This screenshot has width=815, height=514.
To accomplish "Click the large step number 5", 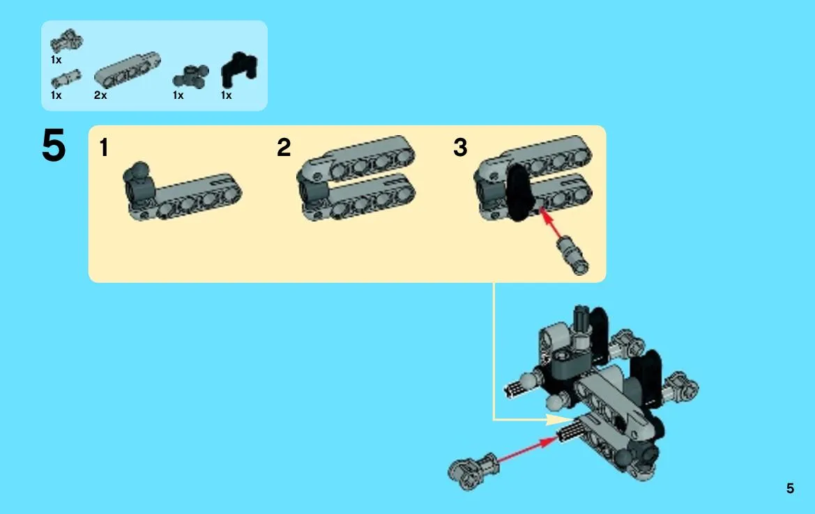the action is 54,146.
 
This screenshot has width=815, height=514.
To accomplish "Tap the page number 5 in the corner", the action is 790,488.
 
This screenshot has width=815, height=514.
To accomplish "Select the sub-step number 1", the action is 104,148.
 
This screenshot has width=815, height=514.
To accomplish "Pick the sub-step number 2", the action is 284,148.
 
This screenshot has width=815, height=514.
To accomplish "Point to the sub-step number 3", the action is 461,148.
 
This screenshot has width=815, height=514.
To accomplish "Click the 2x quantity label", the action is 100,95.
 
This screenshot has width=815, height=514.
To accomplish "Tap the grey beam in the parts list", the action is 128,68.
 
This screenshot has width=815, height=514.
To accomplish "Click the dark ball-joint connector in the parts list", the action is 191,76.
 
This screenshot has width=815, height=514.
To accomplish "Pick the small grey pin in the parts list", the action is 66,79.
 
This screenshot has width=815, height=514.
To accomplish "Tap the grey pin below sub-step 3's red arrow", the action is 573,255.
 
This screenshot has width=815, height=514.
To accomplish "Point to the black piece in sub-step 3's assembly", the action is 518,192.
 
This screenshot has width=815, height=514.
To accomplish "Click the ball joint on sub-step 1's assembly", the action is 139,170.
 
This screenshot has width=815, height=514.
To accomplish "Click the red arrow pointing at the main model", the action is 527,450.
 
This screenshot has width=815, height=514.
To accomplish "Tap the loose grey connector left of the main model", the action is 473,470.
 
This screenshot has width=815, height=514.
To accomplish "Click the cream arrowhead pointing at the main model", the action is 559,419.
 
